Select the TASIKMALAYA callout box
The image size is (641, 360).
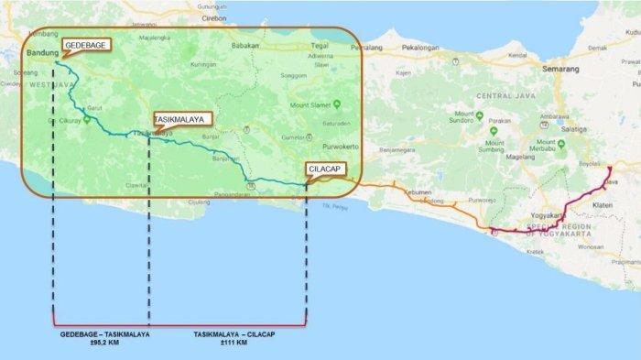click(182, 118)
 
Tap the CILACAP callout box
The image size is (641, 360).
click(327, 169)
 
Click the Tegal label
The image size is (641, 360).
click(295, 44)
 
